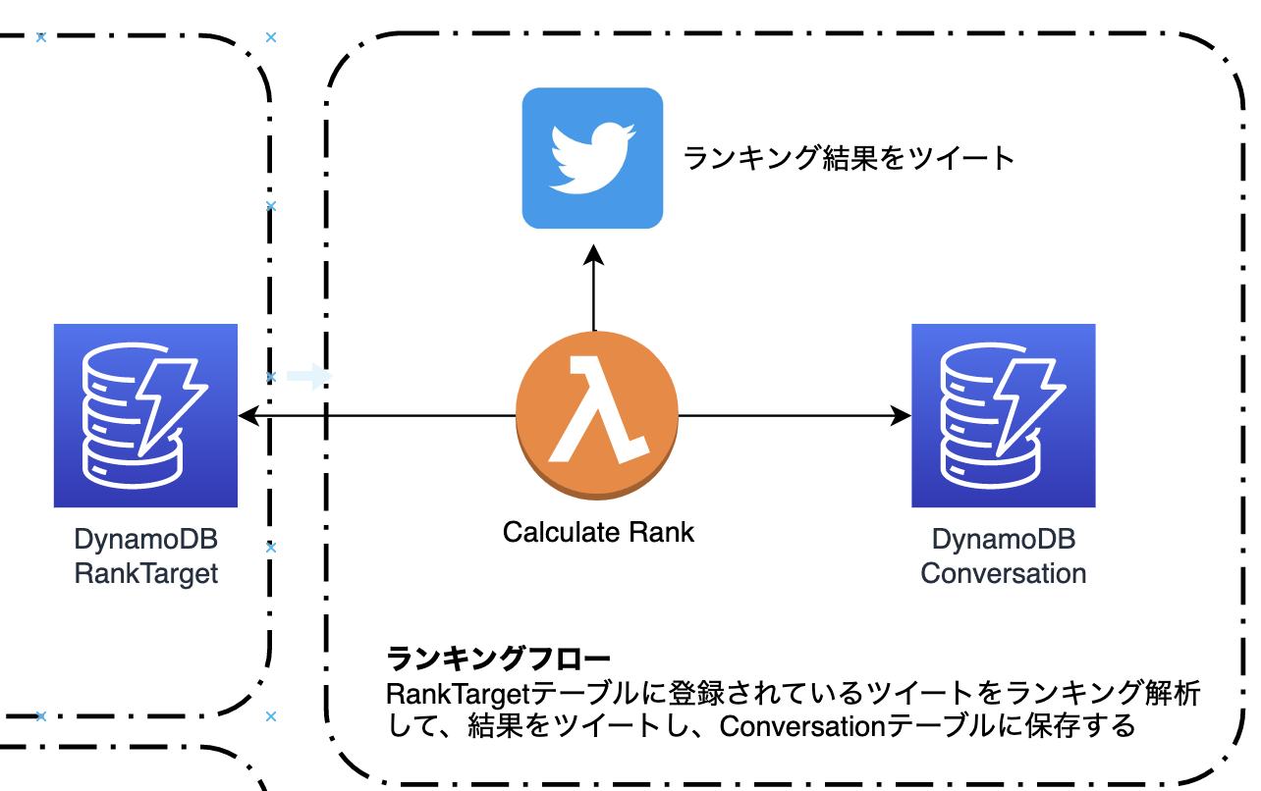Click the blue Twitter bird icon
pyautogui.click(x=592, y=158)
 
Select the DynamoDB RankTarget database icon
pyautogui.click(x=145, y=415)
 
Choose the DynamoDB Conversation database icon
pyautogui.click(x=1003, y=415)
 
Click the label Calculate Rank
pyautogui.click(x=598, y=532)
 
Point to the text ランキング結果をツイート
pyautogui.click(x=849, y=158)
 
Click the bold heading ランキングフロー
pyautogui.click(x=499, y=658)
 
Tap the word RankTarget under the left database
pyautogui.click(x=145, y=573)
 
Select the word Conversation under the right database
pyautogui.click(x=1003, y=573)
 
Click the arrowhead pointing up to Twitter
pyautogui.click(x=593, y=256)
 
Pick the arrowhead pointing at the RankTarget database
pyautogui.click(x=249, y=417)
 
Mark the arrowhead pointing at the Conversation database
pyautogui.click(x=901, y=417)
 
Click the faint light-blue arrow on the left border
pyautogui.click(x=310, y=376)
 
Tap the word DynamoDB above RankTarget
pyautogui.click(x=145, y=540)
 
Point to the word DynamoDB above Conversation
pyautogui.click(x=1003, y=540)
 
